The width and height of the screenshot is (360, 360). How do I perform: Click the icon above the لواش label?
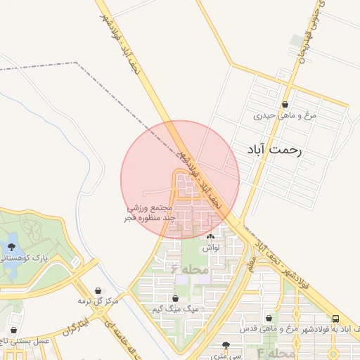coord(210,238)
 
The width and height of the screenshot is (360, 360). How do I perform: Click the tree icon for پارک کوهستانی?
coord(11,246)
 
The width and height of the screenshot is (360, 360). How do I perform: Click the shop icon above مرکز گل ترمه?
coord(97,291)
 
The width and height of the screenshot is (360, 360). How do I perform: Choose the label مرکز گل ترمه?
coord(97,302)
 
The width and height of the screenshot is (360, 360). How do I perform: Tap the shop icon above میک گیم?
coord(176,298)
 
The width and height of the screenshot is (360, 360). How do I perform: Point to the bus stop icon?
coord(335,319)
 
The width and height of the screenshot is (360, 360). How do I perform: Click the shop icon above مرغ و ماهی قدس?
coord(269,319)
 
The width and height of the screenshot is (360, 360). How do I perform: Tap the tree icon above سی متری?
coord(226,345)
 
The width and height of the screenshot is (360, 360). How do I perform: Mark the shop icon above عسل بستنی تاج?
coord(14,330)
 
